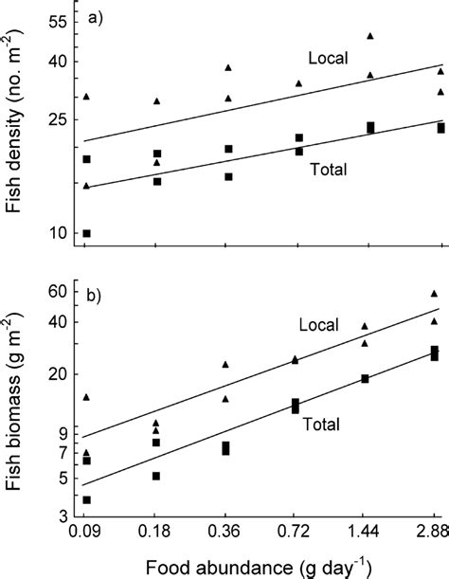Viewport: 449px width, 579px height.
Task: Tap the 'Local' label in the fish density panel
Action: (x=329, y=58)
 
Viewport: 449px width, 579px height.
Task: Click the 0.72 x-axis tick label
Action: (x=298, y=539)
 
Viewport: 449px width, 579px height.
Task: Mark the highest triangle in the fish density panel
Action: (x=370, y=36)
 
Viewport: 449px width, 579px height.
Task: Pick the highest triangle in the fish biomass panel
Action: (x=435, y=294)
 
